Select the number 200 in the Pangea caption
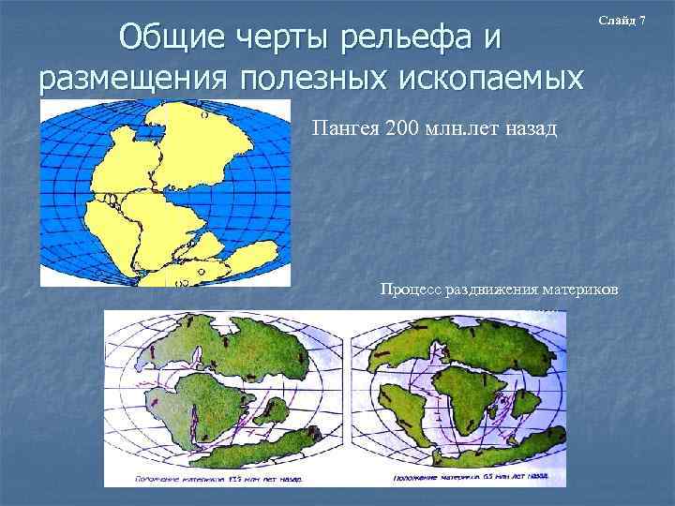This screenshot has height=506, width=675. [x=402, y=127]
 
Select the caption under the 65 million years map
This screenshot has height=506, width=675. [x=463, y=478]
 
